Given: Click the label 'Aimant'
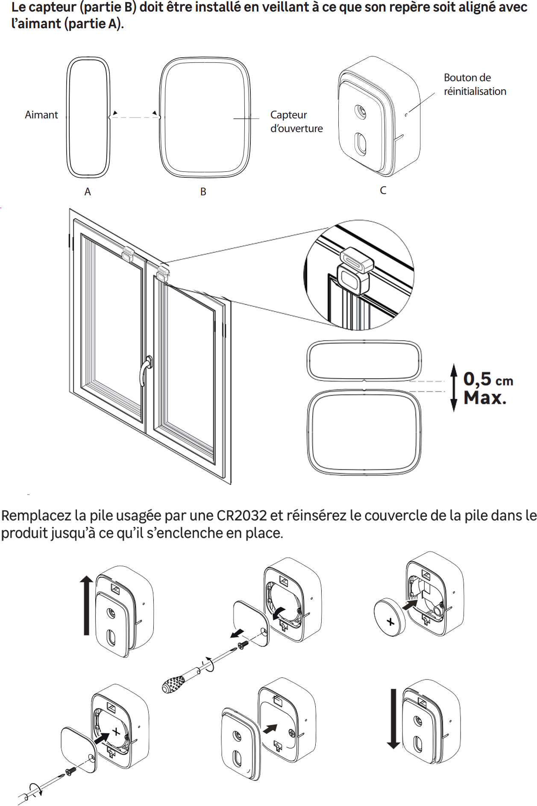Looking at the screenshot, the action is click(x=41, y=115).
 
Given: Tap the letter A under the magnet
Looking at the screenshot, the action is click(x=88, y=191).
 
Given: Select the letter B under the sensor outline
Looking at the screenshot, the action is click(x=203, y=191).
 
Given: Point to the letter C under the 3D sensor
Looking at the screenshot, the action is click(x=383, y=190).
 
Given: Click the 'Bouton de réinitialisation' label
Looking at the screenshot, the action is click(x=475, y=84).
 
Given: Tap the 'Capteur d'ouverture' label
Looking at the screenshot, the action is click(x=296, y=121).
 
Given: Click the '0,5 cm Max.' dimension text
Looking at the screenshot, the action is click(x=488, y=388).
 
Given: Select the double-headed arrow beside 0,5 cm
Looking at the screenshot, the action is click(x=454, y=388).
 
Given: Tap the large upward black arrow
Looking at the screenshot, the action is click(x=86, y=605).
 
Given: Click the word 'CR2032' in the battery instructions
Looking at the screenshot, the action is click(x=241, y=515).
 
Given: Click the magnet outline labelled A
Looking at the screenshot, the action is click(x=88, y=117).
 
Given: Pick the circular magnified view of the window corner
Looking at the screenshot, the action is click(x=359, y=275).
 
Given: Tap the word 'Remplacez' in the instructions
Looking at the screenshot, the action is click(x=36, y=516).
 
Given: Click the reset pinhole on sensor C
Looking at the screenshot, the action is click(x=406, y=115).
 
